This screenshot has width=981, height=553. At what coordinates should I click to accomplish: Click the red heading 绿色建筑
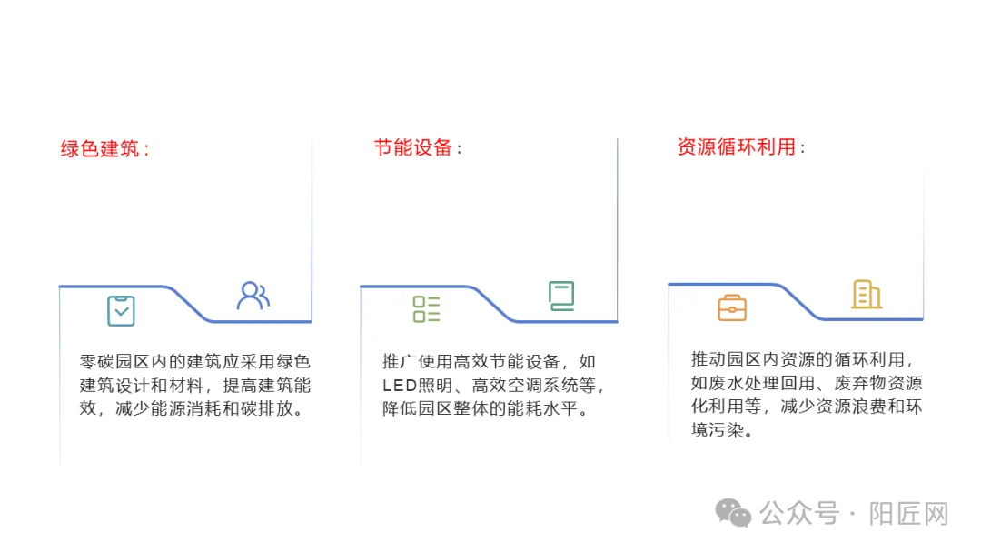(100, 148)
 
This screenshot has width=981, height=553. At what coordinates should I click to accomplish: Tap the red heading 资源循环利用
(736, 147)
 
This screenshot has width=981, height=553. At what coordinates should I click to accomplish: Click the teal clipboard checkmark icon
(121, 310)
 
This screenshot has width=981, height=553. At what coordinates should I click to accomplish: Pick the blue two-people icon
(253, 296)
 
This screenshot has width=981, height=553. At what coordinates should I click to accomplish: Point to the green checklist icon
(426, 309)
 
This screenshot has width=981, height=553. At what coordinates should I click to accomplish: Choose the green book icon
(561, 296)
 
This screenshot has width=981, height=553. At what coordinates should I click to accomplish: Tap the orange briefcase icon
(732, 308)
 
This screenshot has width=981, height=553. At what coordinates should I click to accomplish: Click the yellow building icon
(866, 294)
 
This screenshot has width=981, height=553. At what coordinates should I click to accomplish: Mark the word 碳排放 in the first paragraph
(271, 408)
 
